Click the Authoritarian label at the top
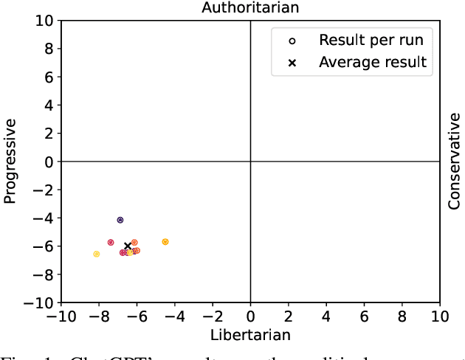[x=250, y=7]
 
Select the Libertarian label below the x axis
[x=250, y=335]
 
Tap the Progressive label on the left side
[x=10, y=162]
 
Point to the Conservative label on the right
[x=455, y=162]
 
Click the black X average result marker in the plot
[x=128, y=246]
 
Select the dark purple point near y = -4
[x=120, y=220]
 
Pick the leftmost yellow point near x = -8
[x=97, y=254]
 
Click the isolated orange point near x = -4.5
[x=165, y=242]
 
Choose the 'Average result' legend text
[x=372, y=62]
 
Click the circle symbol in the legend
[x=292, y=40]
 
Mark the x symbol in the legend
[x=292, y=63]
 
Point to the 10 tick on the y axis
[x=45, y=21]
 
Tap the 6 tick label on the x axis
[x=364, y=316]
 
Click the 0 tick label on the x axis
[x=250, y=316]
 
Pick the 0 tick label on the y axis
[x=49, y=162]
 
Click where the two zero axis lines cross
[x=250, y=162]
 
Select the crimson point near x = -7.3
[x=111, y=242]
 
